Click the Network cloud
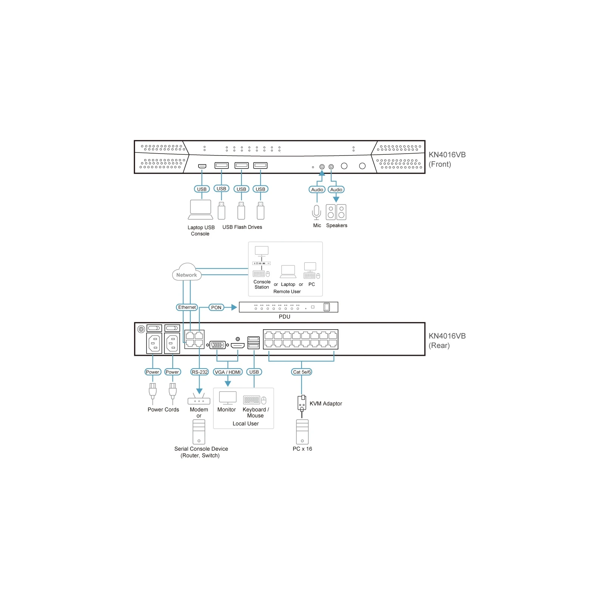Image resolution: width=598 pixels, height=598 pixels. coord(187,272)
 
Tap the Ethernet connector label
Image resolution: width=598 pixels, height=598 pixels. coord(187,307)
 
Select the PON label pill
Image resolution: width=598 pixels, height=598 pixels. coord(216,308)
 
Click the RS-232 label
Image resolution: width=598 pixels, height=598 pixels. coord(200,372)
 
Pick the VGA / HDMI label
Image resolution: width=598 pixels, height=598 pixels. coord(228,372)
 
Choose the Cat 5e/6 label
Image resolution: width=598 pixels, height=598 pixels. coord(302,372)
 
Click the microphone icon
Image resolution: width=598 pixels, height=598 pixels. coord(317,212)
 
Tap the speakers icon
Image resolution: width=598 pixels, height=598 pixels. coord(336,212)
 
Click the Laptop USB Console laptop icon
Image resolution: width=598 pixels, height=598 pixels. coord(201,210)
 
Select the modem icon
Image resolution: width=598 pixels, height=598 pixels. coord(199,399)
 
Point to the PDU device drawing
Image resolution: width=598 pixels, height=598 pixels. coord(289,307)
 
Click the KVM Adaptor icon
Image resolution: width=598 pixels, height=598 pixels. coord(302,404)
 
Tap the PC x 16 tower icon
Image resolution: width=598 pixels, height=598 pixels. coord(302,432)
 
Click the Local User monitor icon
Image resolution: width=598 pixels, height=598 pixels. coord(228,398)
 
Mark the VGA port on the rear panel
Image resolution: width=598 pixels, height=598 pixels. coord(218,345)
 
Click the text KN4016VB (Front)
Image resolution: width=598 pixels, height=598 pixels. coord(447,160)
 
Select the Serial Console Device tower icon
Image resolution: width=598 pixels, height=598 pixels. coord(199,432)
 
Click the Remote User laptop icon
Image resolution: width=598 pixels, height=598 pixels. coord(288,272)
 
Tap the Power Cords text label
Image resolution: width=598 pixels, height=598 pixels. coord(163,410)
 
